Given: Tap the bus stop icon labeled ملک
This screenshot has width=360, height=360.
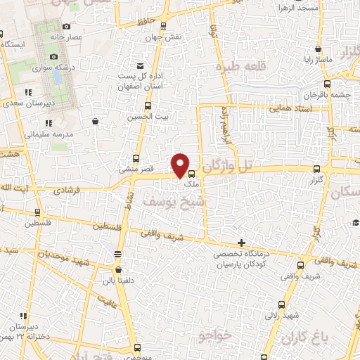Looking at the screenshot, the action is click(191, 174).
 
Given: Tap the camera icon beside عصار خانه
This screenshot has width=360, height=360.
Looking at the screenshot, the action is click(66, 26).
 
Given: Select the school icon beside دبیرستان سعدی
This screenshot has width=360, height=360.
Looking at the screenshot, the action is click(28, 93).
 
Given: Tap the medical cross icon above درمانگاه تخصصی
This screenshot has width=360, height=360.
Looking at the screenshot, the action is click(241, 242).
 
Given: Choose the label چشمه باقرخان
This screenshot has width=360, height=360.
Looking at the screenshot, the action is click(324, 94).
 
